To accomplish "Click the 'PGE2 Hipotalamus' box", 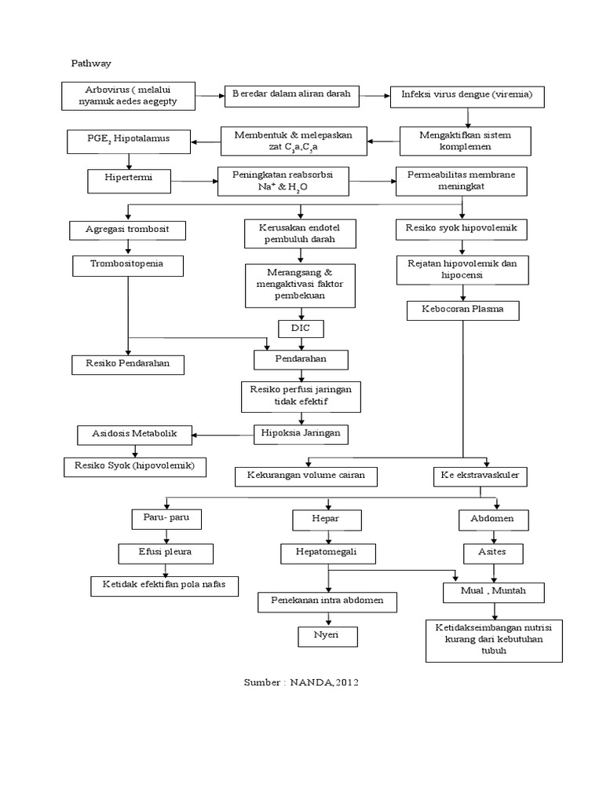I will tap(128, 142).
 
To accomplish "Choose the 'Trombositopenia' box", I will tap(128, 266).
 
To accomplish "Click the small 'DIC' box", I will tap(301, 328).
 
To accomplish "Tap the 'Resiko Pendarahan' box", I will tap(128, 364).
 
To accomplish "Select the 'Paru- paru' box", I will tap(166, 519).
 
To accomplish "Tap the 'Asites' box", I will tap(494, 553).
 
